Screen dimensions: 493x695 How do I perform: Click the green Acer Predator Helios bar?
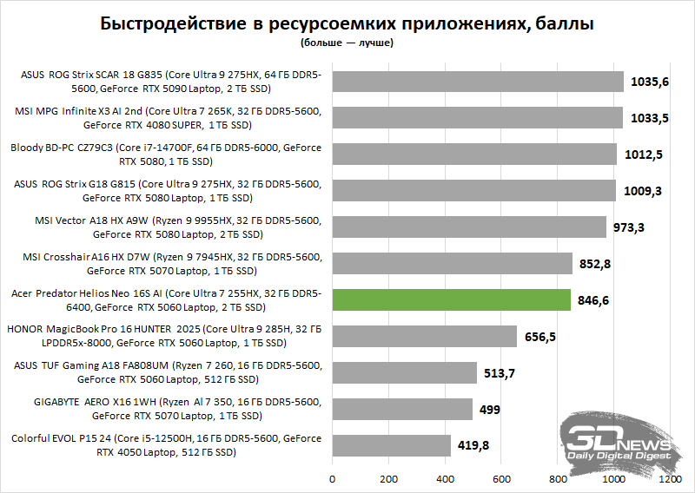pyautogui.click(x=451, y=299)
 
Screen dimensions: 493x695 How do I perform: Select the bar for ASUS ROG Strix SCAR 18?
pyautogui.click(x=478, y=82)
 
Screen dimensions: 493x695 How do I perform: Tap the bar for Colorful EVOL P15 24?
pyautogui.click(x=391, y=445)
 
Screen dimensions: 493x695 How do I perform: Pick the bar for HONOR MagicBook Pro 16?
pyautogui.click(x=425, y=336)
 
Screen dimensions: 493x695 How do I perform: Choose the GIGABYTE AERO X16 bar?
pyautogui.click(x=402, y=409)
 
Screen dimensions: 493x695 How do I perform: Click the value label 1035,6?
pyautogui.click(x=651, y=82)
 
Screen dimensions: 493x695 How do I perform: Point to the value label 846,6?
pyautogui.click(x=594, y=300)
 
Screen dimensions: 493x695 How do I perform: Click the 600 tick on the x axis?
pyautogui.click(x=501, y=478)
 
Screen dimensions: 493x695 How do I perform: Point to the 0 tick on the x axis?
pyautogui.click(x=332, y=478)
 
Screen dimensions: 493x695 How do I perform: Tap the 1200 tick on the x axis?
pyautogui.click(x=670, y=478)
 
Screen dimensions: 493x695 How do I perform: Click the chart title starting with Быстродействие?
pyautogui.click(x=347, y=23)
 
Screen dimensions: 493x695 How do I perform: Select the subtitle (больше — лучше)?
pyautogui.click(x=347, y=42)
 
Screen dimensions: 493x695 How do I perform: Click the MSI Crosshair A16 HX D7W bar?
pyautogui.click(x=452, y=263)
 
